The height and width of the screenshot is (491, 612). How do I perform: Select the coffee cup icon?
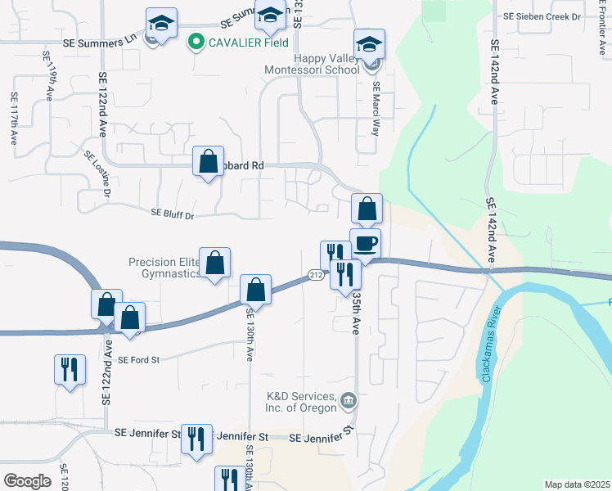pyautogui.click(x=365, y=242)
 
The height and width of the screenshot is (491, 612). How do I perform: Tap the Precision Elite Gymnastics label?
pyautogui.click(x=164, y=268)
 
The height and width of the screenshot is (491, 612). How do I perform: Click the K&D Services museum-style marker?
pyautogui.click(x=349, y=401)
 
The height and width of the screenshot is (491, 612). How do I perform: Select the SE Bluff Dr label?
pyautogui.click(x=172, y=214)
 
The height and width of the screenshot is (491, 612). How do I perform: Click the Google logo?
pyautogui.click(x=27, y=481)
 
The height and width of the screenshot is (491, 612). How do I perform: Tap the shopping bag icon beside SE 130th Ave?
pyautogui.click(x=255, y=290)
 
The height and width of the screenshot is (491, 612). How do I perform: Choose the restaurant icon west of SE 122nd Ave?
pyautogui.click(x=70, y=368)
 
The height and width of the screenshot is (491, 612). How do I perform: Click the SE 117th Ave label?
pyautogui.click(x=15, y=119)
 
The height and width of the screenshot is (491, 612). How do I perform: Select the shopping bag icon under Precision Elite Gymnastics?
pyautogui.click(x=214, y=263)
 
